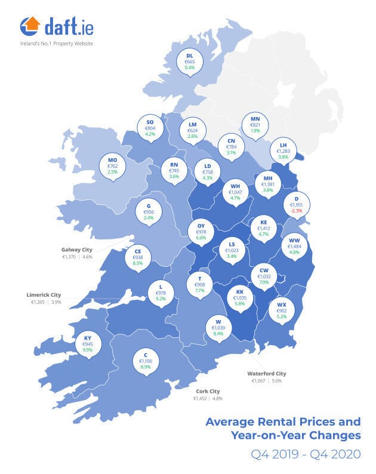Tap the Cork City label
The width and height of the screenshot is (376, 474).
point(208,390)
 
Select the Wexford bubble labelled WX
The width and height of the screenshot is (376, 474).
point(281,310)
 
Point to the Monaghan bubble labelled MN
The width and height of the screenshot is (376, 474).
point(254,125)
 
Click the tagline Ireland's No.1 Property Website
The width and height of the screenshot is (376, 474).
point(56,44)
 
